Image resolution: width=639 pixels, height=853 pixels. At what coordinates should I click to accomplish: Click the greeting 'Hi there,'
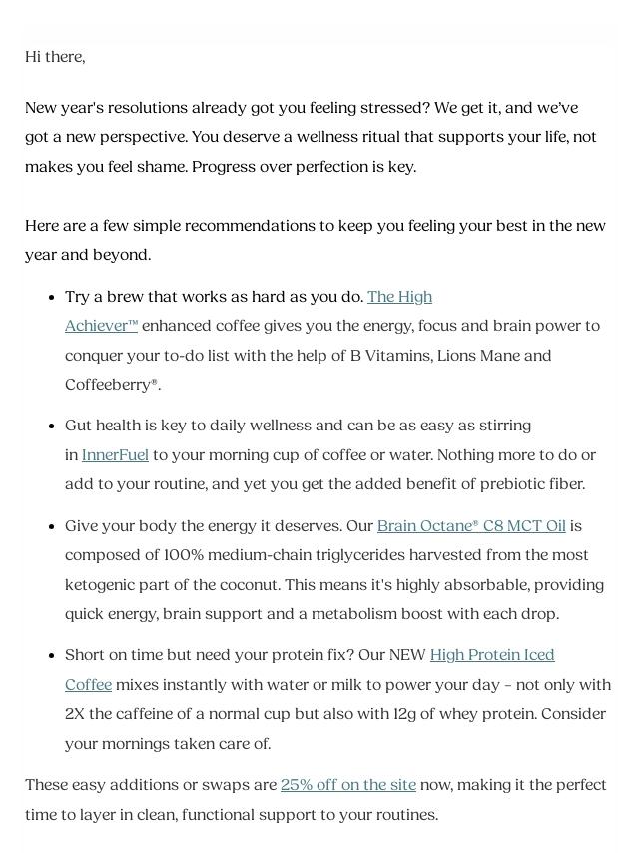[x=55, y=57]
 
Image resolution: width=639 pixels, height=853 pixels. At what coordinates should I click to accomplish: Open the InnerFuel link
[x=115, y=455]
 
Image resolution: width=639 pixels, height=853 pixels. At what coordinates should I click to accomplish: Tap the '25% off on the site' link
[x=347, y=785]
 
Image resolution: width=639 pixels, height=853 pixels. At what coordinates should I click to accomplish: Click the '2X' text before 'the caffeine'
[x=76, y=714]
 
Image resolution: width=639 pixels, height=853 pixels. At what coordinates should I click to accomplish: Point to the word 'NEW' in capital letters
[x=406, y=655]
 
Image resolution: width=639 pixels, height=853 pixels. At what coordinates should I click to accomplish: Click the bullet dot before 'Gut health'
[x=51, y=426]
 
